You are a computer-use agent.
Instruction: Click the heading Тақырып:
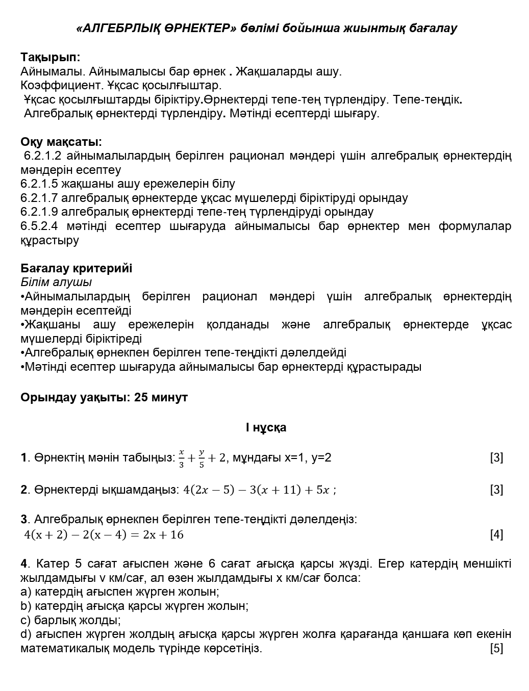click(51, 57)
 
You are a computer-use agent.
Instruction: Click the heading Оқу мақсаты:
click(61, 141)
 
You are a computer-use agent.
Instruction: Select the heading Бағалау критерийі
click(76, 268)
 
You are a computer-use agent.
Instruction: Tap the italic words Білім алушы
click(56, 282)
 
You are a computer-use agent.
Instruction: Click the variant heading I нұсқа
click(266, 427)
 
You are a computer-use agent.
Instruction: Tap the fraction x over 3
click(181, 458)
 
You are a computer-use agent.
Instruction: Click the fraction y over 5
click(201, 458)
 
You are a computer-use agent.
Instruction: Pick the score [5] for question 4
click(496, 649)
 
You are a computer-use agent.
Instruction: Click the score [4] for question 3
click(496, 534)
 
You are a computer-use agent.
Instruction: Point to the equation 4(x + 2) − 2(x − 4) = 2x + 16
click(104, 534)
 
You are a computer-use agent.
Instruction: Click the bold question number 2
click(23, 490)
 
